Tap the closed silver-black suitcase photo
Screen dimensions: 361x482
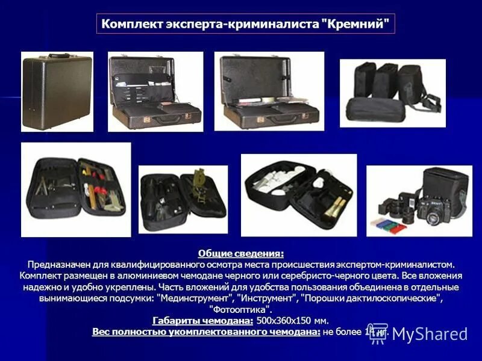tap(57, 91)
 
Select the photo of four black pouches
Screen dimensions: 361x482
tap(392, 93)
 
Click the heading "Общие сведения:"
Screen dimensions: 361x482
tap(241, 254)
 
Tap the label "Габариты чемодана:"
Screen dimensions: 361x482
tap(202, 320)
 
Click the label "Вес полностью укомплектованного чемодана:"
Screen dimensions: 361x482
tap(206, 332)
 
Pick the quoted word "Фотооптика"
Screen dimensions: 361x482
tap(241, 309)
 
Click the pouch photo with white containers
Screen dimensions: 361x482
tap(298, 195)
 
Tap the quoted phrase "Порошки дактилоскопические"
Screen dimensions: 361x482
tap(369, 298)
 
